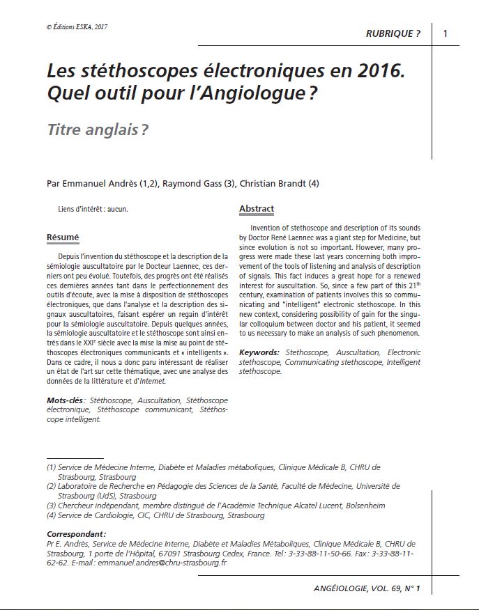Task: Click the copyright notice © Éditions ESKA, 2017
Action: click(x=77, y=27)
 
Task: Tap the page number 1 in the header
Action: click(x=446, y=33)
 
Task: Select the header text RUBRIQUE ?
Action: click(x=393, y=34)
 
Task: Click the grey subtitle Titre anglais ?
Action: click(x=97, y=130)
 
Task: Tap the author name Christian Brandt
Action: click(x=271, y=184)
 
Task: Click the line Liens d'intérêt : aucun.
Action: click(x=93, y=209)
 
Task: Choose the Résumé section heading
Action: click(x=63, y=237)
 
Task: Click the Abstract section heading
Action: click(x=257, y=209)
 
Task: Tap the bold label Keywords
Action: click(x=259, y=353)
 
